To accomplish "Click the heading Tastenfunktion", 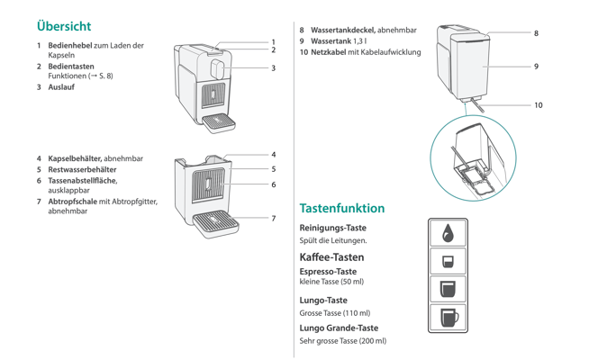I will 341,208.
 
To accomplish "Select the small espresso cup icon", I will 448,261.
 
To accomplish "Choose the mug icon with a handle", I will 448,318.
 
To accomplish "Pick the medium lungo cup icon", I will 448,289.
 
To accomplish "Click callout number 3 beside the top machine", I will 273,67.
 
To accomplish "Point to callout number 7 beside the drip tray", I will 273,218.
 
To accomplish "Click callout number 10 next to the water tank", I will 538,105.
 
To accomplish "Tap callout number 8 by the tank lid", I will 536,33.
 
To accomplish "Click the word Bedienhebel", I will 69,45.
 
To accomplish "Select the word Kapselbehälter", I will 75,158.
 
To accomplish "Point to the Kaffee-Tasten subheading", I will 331,256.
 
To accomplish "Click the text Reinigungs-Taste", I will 332,228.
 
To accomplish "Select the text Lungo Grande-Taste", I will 339,328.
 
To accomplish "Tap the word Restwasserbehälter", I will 82,169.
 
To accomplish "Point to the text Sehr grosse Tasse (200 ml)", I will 342,341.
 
